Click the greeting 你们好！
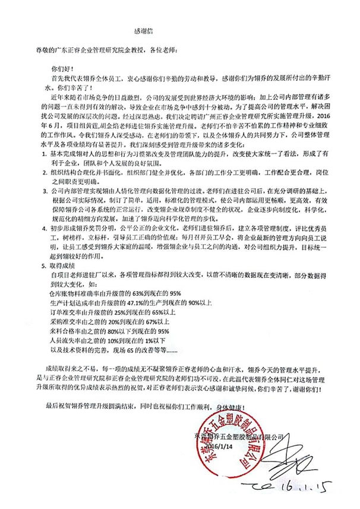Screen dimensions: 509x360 point(61,68)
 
